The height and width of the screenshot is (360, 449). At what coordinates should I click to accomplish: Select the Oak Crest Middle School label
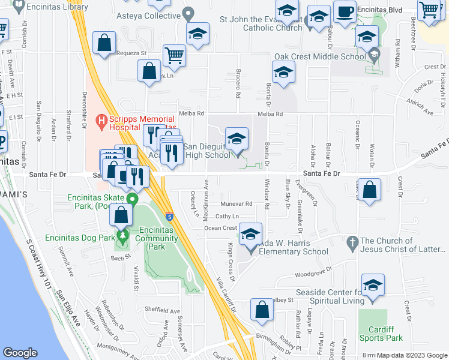(320, 57)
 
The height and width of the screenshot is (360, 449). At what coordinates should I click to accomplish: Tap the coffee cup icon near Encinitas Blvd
(345, 13)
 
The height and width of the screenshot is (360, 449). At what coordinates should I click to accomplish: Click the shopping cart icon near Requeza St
(174, 56)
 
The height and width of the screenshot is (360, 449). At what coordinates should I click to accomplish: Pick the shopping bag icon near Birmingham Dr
(261, 310)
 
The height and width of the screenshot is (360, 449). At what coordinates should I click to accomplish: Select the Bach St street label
(120, 257)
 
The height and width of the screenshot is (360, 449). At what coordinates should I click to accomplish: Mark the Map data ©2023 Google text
(412, 355)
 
